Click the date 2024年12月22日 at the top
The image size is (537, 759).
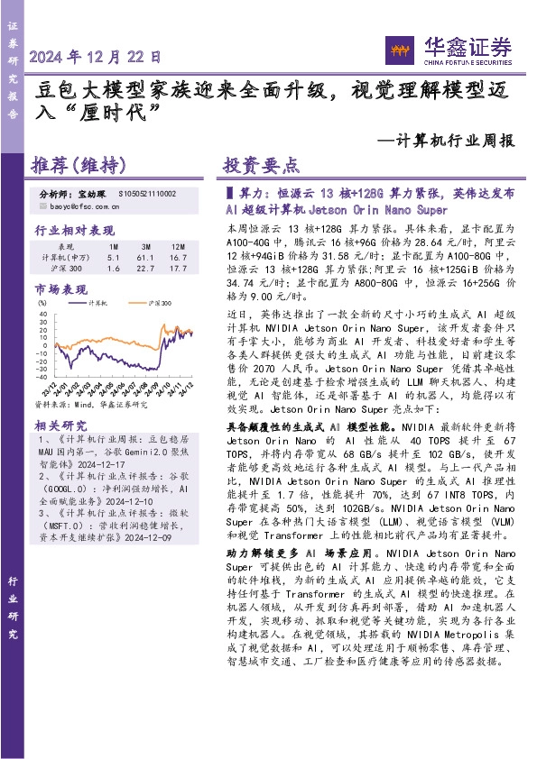[95, 57]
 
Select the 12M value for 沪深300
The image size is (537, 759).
[177, 269]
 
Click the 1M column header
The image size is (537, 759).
[113, 246]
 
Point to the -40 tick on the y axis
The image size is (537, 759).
[42, 379]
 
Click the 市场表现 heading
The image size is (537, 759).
[60, 289]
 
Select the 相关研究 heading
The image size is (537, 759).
[60, 425]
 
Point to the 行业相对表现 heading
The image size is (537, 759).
[74, 230]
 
